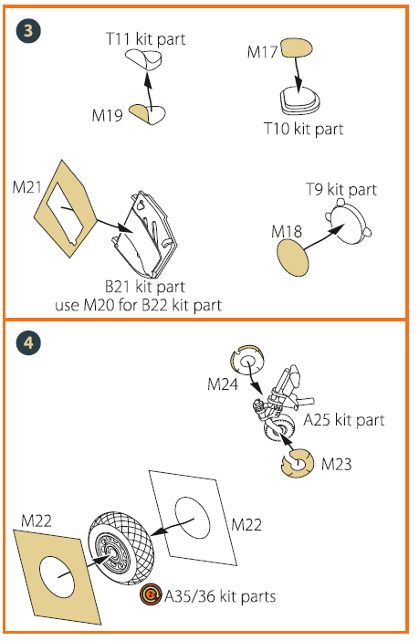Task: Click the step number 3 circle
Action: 28,31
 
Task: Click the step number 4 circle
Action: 28,342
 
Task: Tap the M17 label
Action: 262,52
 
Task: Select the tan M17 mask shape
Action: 297,47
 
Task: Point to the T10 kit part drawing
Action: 300,100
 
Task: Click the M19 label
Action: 107,115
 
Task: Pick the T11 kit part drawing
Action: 143,59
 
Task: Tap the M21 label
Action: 27,187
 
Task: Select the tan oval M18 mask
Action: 292,257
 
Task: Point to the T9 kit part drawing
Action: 349,222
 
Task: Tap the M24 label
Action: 223,384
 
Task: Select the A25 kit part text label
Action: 344,420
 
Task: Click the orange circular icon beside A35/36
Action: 151,594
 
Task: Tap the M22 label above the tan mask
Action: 37,521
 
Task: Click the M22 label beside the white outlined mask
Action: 246,524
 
